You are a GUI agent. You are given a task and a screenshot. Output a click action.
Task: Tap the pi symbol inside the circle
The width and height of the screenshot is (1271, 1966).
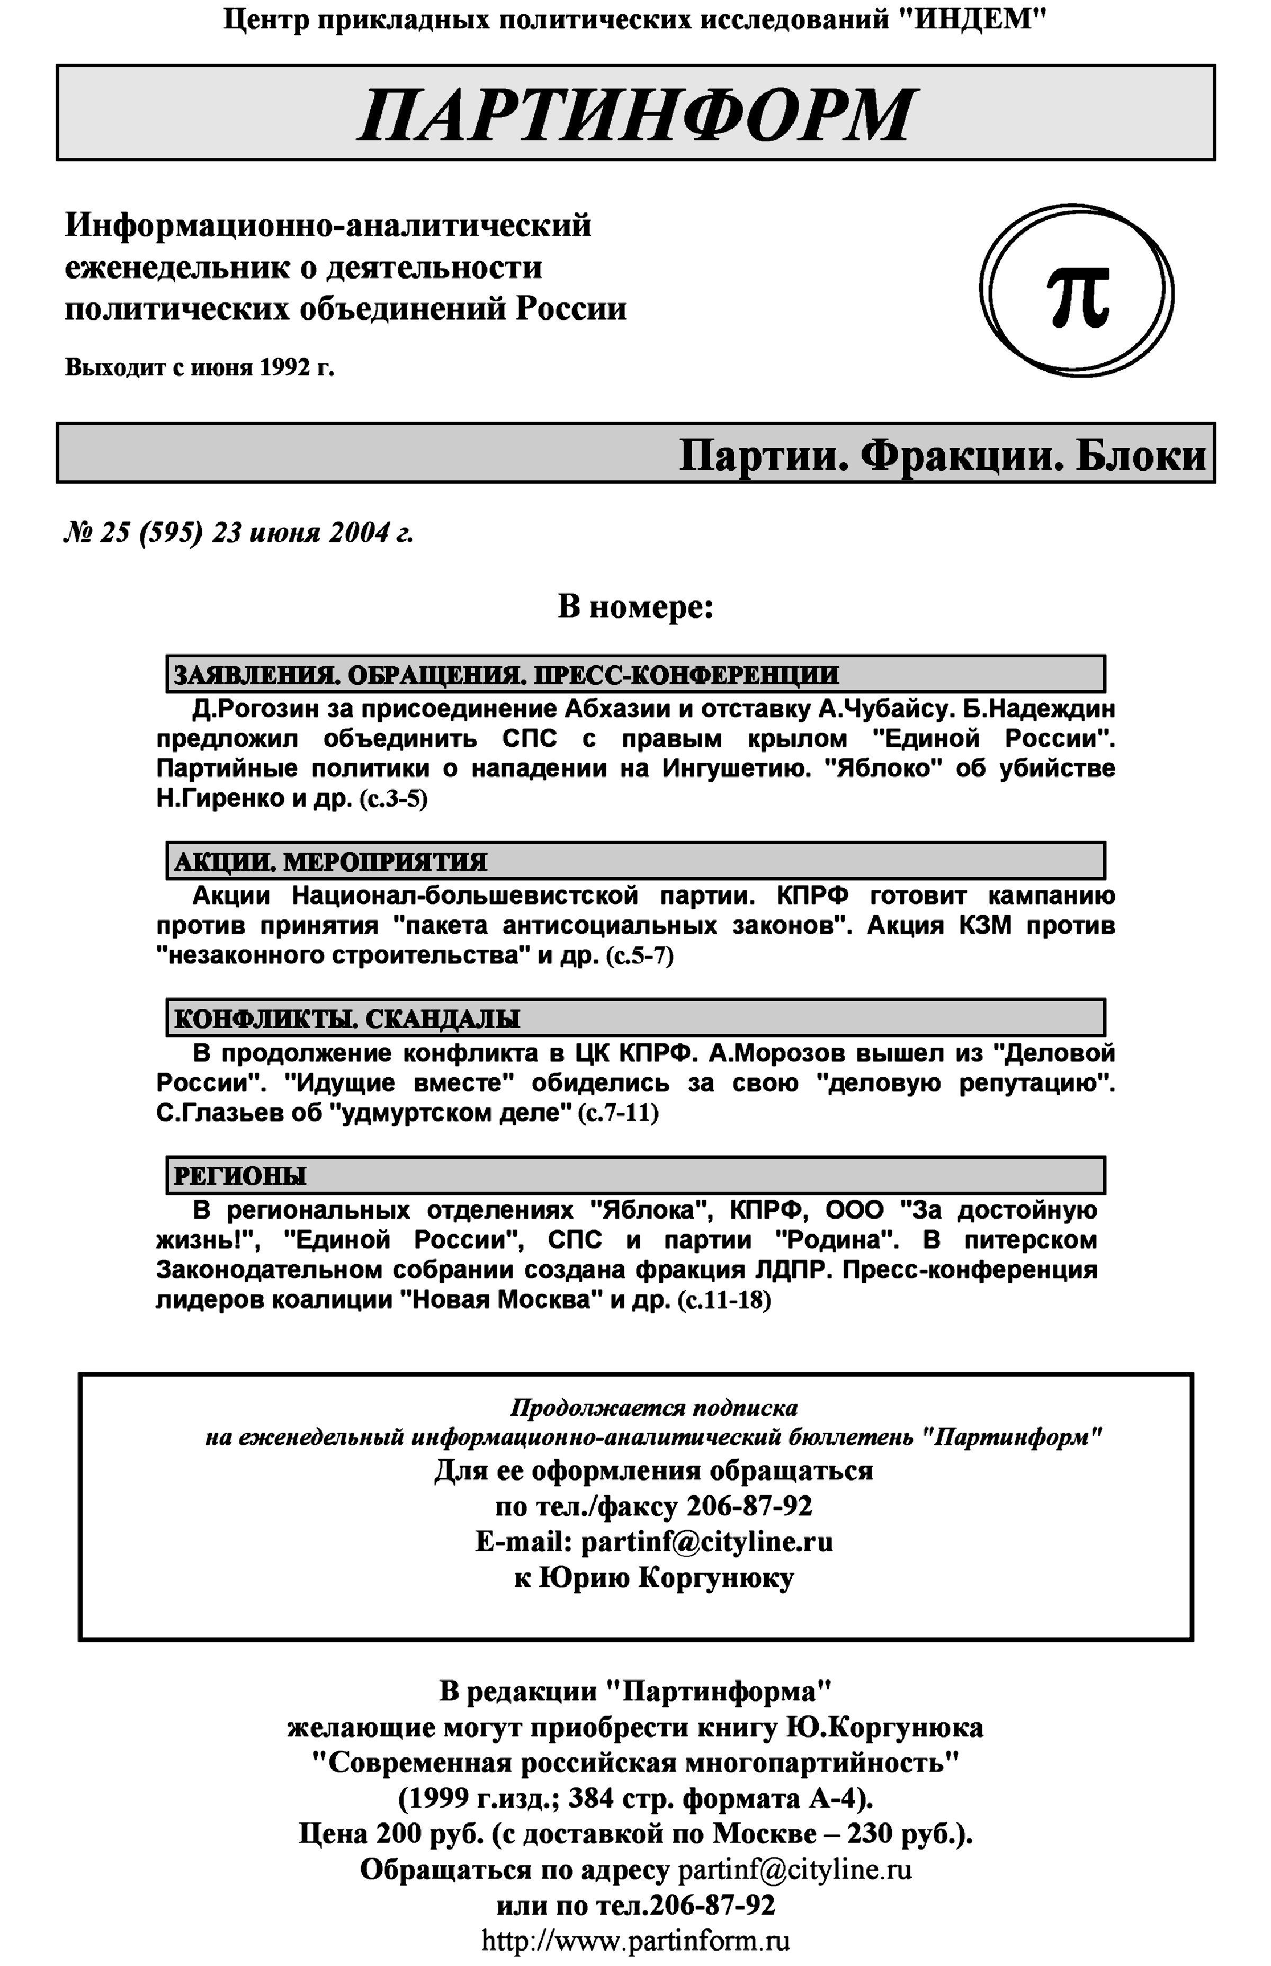click(x=1078, y=296)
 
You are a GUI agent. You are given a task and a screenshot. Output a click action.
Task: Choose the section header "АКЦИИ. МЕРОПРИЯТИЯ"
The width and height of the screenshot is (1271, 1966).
click(x=330, y=862)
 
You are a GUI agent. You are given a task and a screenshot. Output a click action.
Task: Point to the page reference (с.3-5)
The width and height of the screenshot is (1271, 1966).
click(x=393, y=800)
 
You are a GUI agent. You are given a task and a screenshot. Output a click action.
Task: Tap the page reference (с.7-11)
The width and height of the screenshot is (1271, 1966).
click(x=617, y=1113)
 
